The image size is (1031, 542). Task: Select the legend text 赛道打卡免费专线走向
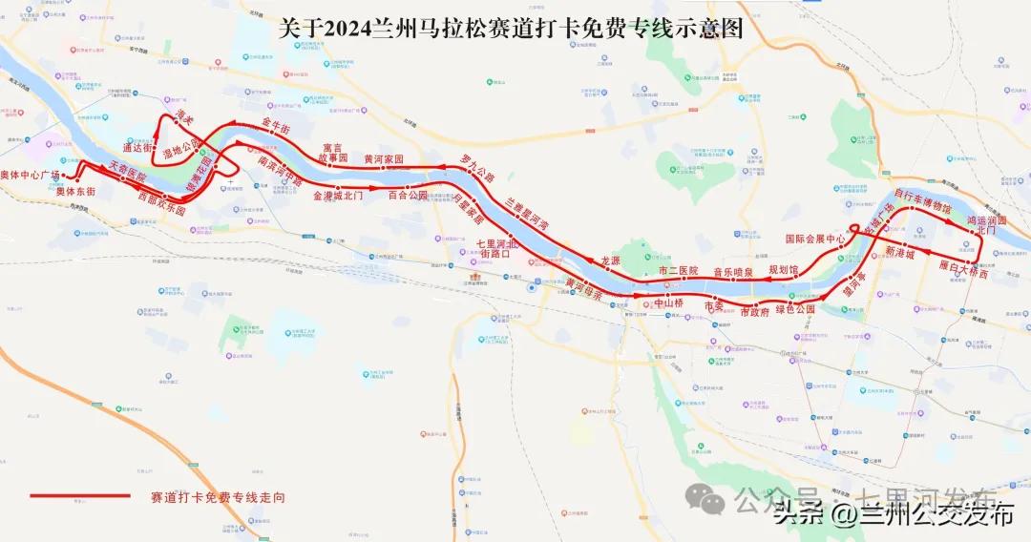point(218,497)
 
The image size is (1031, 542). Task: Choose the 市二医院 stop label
point(680,271)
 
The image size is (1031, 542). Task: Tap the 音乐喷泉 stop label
point(733,272)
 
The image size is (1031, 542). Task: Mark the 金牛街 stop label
point(275,125)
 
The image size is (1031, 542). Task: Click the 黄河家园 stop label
point(384,158)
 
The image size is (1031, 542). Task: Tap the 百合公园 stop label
point(408,195)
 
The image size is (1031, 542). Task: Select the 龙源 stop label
point(610,260)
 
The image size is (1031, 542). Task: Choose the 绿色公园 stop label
point(795,309)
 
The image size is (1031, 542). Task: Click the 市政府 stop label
point(755,312)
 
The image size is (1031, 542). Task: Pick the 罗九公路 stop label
point(477,166)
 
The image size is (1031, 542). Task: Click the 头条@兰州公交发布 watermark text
point(894,514)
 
